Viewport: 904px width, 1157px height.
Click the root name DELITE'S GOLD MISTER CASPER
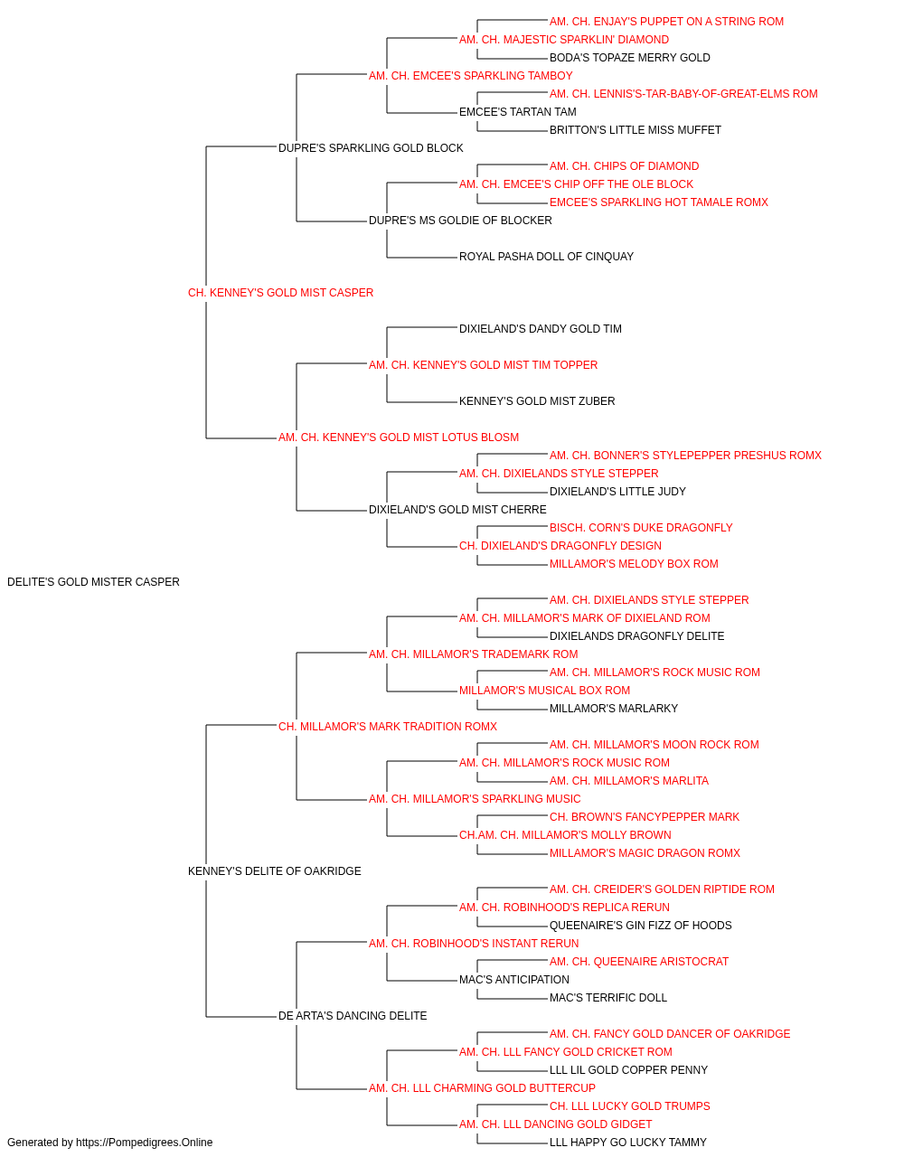(93, 582)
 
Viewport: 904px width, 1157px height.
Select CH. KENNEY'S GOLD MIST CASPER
(280, 293)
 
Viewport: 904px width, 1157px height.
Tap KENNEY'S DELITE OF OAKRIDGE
(274, 871)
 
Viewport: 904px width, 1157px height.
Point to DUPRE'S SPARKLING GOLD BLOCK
(371, 148)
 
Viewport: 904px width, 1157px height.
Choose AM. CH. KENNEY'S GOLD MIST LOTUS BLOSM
(399, 437)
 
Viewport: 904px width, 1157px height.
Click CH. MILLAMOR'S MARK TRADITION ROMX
(388, 727)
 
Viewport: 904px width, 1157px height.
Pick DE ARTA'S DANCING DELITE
(353, 1016)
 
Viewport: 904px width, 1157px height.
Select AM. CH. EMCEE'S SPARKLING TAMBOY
(471, 76)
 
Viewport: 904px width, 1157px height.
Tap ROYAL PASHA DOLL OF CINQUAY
(546, 257)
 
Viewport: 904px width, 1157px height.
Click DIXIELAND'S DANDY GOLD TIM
(541, 329)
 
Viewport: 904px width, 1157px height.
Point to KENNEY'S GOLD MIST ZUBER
(537, 401)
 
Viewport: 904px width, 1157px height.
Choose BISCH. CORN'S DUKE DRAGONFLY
(641, 528)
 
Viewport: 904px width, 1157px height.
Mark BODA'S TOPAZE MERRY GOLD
(630, 58)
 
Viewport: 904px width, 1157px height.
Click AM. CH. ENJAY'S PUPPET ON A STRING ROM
(666, 22)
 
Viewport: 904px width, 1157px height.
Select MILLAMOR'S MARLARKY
(613, 709)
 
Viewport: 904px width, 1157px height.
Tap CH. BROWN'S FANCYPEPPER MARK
(645, 817)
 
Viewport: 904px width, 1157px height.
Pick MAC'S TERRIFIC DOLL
(608, 998)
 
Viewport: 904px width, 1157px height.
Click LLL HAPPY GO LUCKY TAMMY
(628, 1143)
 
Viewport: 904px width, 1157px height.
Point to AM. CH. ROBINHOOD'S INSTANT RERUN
(474, 944)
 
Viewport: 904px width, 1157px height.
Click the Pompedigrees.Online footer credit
(109, 1143)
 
